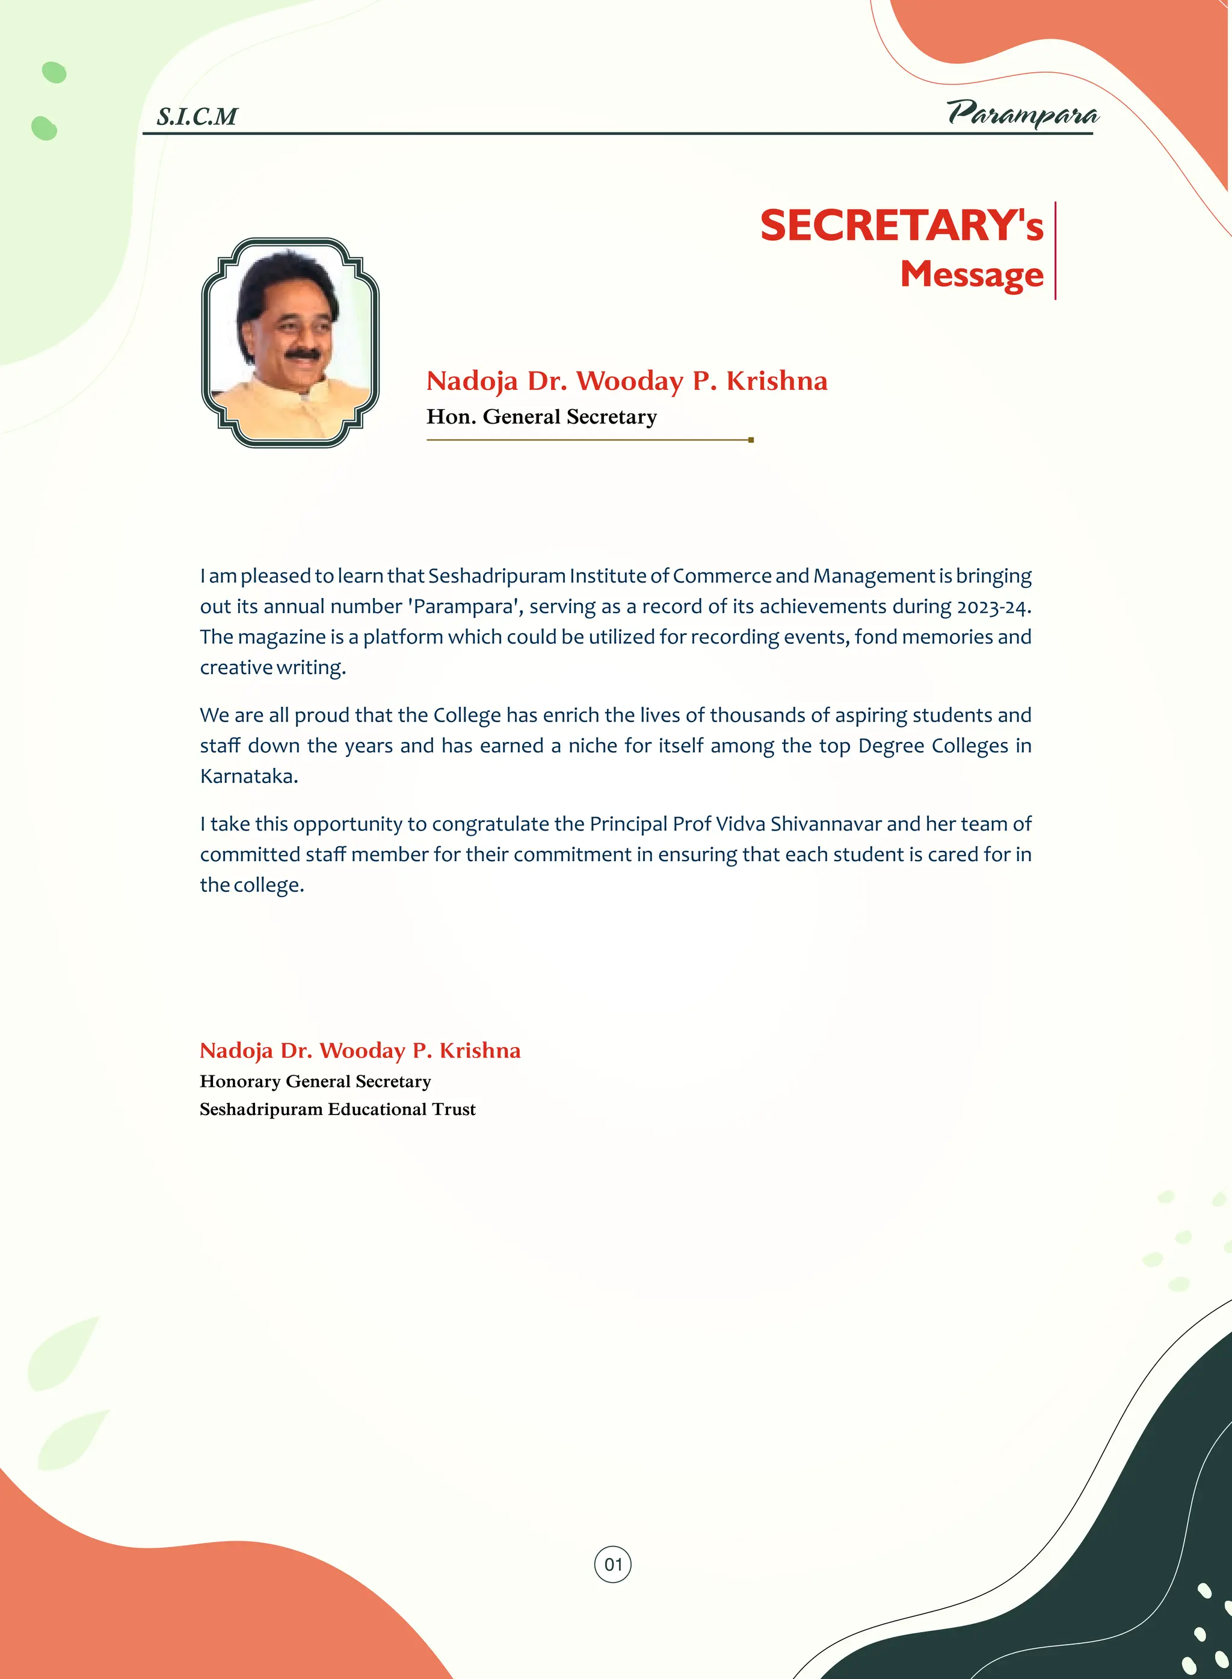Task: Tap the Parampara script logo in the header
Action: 1023,113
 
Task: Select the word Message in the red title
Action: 971,274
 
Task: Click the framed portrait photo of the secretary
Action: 290,342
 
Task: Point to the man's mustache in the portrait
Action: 304,353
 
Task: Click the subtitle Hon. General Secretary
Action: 541,416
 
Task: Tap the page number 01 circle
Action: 612,1564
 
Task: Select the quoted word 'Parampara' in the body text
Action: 463,607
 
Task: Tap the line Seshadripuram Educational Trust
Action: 337,1109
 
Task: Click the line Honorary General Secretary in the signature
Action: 315,1081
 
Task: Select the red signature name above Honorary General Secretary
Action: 360,1050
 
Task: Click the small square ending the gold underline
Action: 751,440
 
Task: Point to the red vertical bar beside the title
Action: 1055,250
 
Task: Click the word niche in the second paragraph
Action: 593,746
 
